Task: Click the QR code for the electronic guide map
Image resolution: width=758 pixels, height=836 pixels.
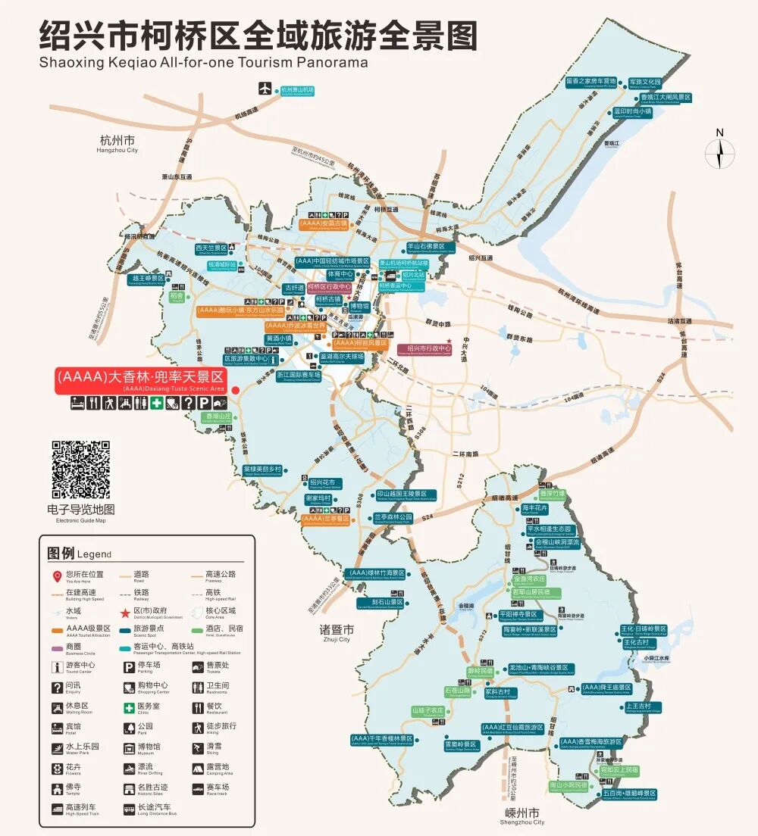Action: point(80,469)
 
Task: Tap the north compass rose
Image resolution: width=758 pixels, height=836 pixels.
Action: point(719,154)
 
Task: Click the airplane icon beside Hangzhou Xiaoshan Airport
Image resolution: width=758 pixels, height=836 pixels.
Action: point(265,88)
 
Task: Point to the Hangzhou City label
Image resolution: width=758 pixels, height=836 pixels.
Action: point(117,143)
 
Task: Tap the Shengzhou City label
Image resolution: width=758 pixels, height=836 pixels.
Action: point(522,816)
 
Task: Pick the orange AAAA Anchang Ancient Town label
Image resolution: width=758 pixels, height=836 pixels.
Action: point(324,224)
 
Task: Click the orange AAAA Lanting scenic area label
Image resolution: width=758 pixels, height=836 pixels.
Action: point(325,519)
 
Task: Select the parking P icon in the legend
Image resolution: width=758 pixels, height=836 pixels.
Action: point(130,667)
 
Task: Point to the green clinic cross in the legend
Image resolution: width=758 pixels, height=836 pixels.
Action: point(130,707)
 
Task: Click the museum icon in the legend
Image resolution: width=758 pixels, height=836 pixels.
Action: point(130,747)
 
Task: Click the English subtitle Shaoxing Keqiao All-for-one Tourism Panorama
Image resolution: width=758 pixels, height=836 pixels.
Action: point(203,62)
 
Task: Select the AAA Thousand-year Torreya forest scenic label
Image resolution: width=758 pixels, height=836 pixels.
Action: point(382,739)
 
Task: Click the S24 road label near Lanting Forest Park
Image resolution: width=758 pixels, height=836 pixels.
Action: point(428,516)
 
